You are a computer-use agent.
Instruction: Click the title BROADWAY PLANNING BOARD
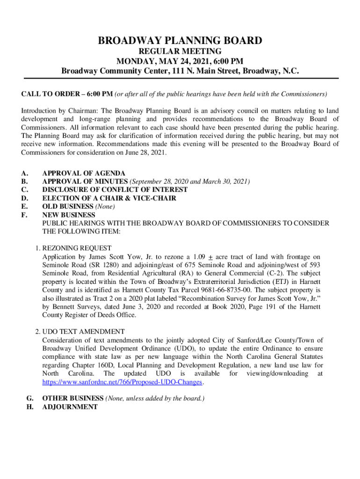[180, 41]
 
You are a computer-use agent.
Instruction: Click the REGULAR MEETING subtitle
[180, 51]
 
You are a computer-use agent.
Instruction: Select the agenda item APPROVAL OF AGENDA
[84, 173]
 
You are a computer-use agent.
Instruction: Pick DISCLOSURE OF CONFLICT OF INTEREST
[115, 190]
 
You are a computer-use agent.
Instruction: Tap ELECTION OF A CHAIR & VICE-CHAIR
[109, 198]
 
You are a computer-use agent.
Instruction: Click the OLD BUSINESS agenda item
[68, 207]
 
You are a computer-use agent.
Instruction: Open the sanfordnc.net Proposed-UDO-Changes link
[122, 382]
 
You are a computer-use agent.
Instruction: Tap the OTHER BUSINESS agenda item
[73, 399]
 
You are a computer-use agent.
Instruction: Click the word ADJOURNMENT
[70, 407]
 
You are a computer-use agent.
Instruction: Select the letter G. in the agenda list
[29, 399]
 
